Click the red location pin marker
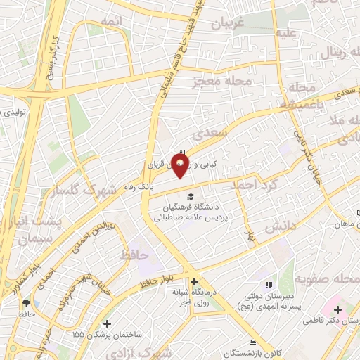click(181, 167)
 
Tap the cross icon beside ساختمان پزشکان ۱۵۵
click(106, 324)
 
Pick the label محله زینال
click(341, 53)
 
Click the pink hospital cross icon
click(337, 309)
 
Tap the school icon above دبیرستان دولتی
click(267, 285)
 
